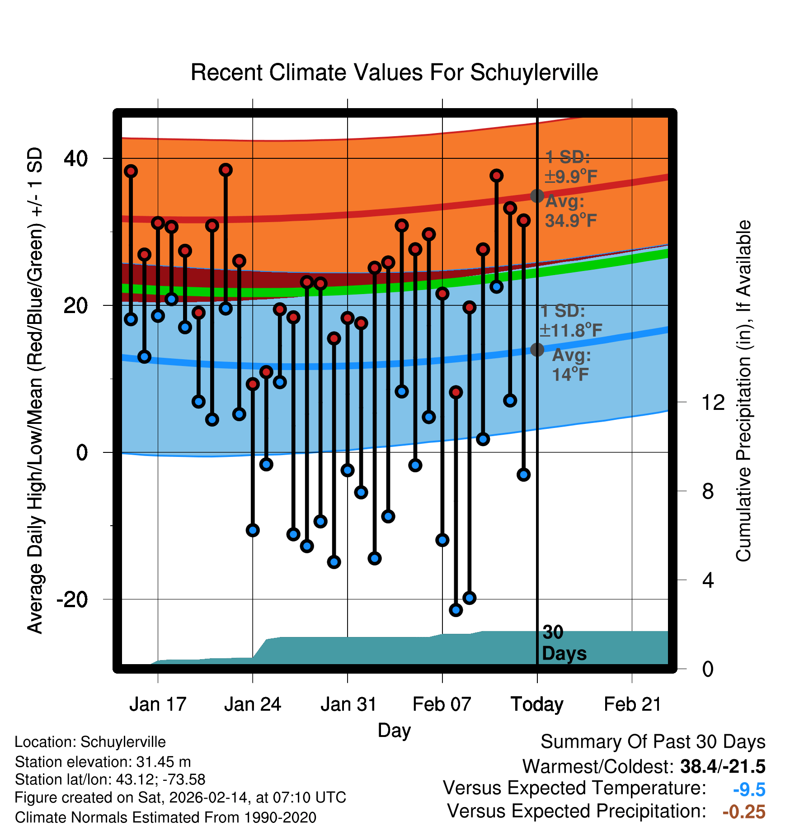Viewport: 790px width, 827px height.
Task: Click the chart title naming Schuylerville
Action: point(394,72)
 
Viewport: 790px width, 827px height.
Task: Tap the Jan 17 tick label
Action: point(158,704)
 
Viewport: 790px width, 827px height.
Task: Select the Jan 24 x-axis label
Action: point(253,704)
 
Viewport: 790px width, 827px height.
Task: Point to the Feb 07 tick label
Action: point(442,704)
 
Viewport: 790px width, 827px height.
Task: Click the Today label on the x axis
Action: point(537,704)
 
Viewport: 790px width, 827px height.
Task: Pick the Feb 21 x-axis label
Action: point(632,704)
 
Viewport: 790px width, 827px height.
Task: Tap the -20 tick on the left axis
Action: point(72,599)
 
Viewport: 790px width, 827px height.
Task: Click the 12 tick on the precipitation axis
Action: point(713,402)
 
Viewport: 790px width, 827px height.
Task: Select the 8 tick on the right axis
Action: point(708,491)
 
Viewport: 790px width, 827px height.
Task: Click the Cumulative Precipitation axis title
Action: point(743,391)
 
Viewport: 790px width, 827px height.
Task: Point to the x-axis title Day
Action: point(394,730)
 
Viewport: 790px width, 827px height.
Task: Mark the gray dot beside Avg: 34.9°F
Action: point(537,196)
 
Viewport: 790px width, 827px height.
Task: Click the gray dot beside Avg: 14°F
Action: point(537,349)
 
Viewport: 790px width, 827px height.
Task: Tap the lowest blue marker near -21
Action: point(456,610)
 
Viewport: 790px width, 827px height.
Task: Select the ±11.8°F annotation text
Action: point(571,330)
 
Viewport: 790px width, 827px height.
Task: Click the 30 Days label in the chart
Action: point(564,643)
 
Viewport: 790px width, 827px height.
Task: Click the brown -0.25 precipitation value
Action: point(744,812)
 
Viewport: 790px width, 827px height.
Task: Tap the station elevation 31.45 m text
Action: point(103,762)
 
